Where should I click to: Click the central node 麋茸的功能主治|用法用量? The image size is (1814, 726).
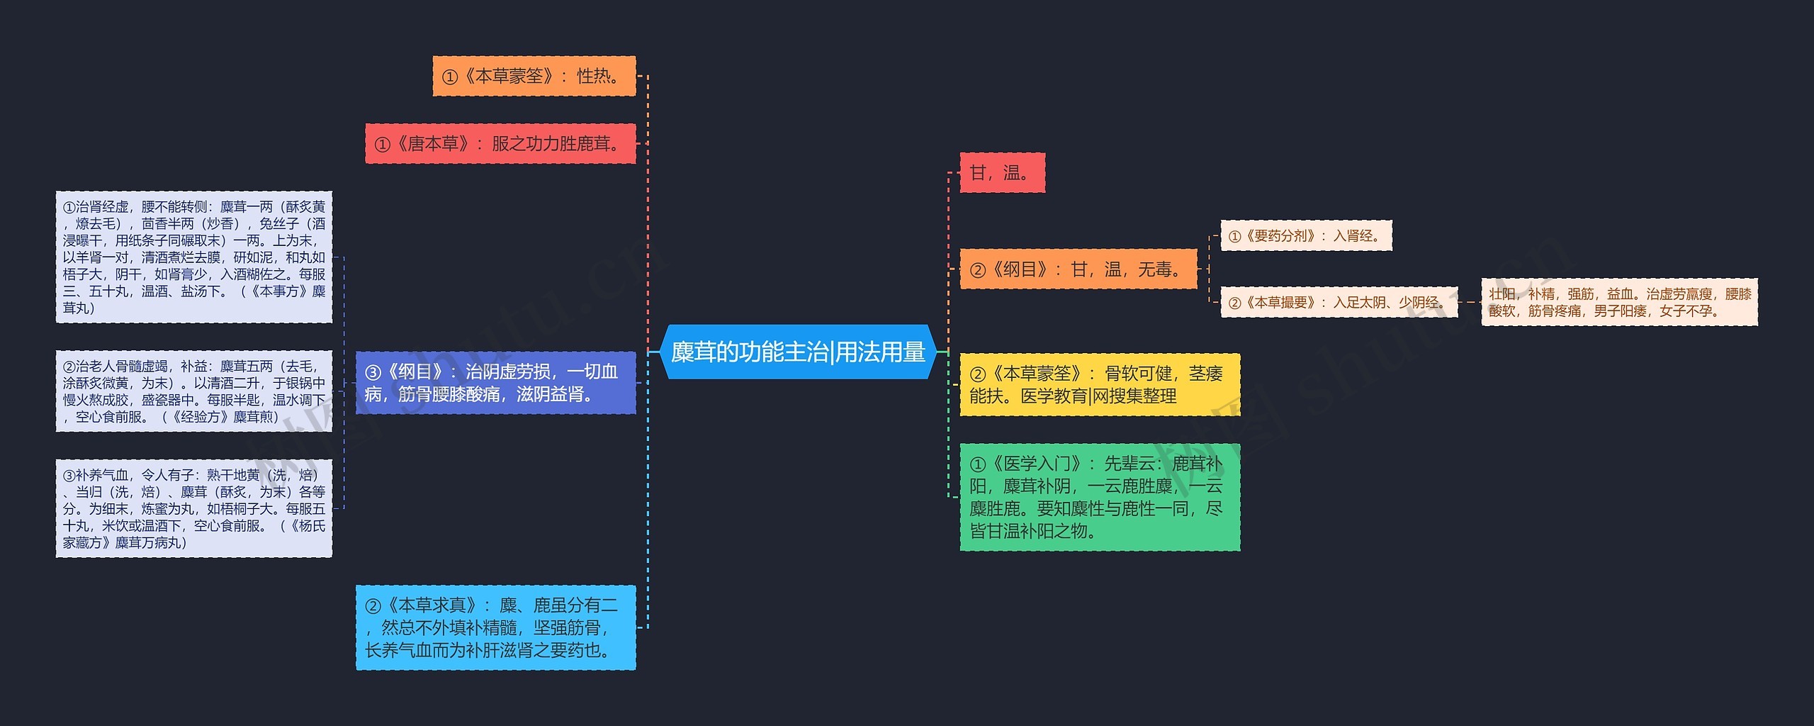(798, 352)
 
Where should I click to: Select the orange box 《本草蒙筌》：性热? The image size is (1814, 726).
(534, 76)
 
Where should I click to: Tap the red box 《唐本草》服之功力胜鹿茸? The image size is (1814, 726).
(500, 144)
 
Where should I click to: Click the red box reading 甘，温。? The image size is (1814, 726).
(1001, 173)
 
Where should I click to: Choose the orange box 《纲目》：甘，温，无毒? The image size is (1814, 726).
(1078, 269)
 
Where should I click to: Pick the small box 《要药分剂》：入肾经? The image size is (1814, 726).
(1305, 236)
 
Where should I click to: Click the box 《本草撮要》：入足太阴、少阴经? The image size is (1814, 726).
(1339, 303)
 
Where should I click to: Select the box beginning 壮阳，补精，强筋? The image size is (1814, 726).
(1619, 303)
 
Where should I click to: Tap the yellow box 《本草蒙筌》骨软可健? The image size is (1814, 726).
(1099, 384)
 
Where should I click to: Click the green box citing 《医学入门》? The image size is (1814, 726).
(1099, 497)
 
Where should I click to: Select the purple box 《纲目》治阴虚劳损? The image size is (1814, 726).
(495, 383)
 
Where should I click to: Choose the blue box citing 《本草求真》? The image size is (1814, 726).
(495, 627)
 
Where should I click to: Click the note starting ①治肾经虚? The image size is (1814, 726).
(193, 257)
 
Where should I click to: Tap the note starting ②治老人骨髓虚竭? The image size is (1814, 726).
(193, 391)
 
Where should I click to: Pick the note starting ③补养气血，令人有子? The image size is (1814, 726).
(193, 508)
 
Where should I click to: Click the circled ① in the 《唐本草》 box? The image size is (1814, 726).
(383, 145)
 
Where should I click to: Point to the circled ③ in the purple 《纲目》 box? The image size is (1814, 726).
(373, 372)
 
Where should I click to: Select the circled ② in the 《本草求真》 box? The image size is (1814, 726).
(373, 605)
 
